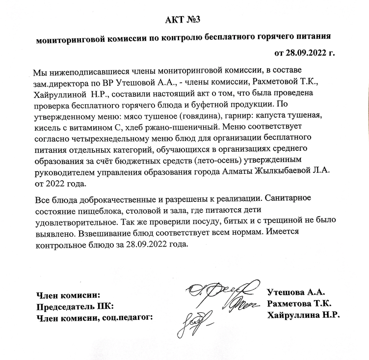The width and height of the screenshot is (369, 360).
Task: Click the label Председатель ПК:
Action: pyautogui.click(x=75, y=306)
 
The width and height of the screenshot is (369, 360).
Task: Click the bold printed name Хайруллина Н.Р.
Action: pyautogui.click(x=303, y=314)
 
